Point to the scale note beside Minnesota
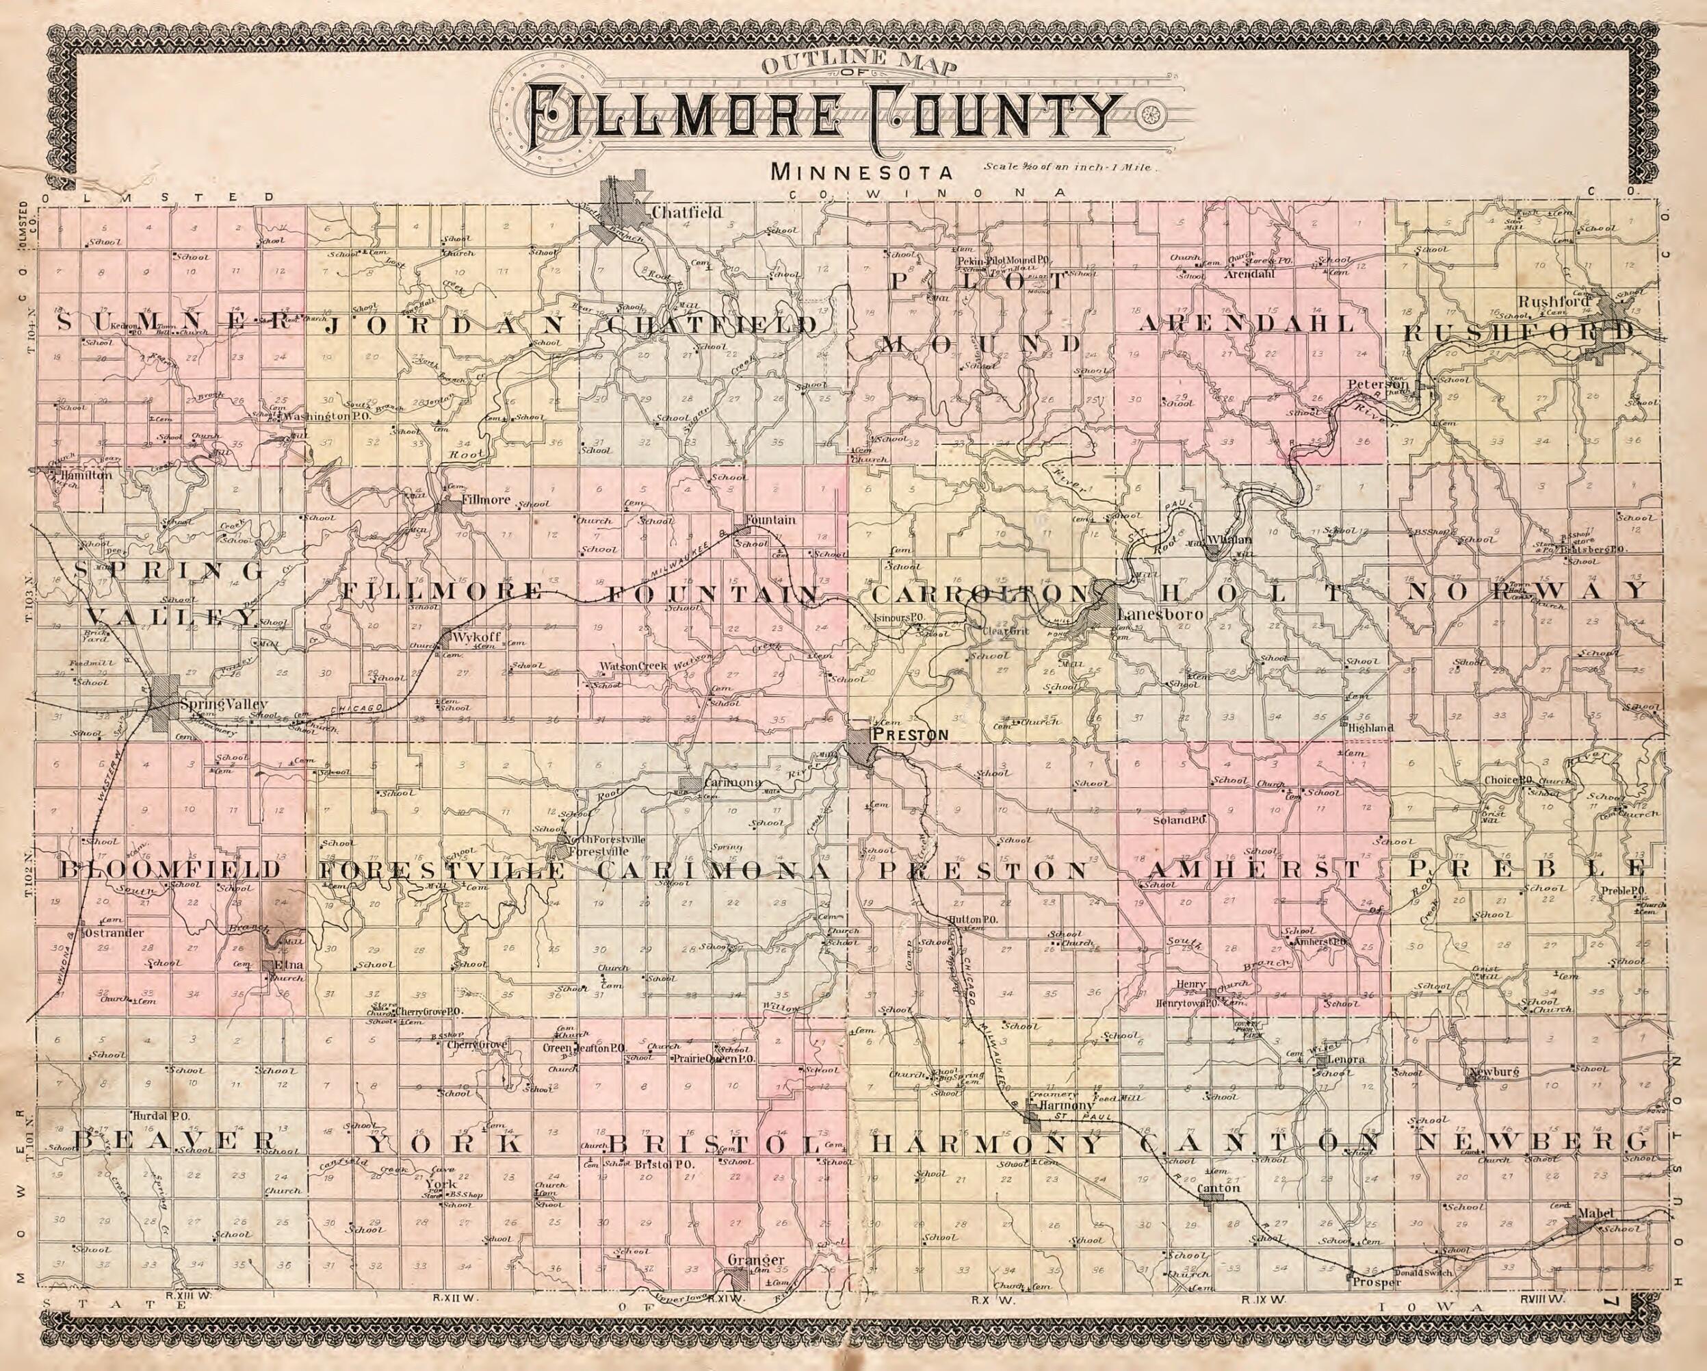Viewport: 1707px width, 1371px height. coord(1071,168)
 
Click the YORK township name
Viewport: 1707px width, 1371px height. coord(447,1143)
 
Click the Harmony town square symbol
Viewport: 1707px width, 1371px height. coord(1032,1118)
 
